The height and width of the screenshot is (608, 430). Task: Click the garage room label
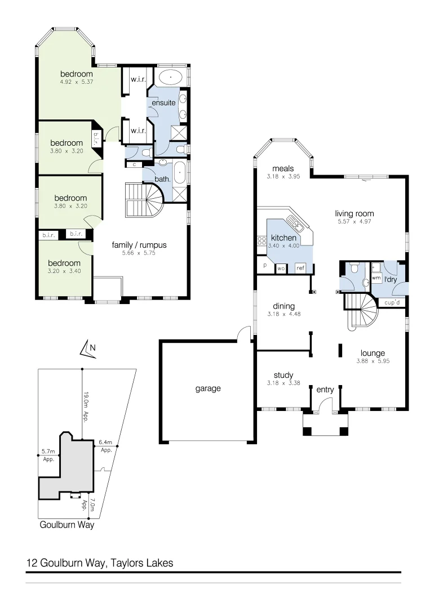point(208,388)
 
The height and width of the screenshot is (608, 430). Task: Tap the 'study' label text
point(283,375)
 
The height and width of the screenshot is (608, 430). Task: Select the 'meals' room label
point(283,168)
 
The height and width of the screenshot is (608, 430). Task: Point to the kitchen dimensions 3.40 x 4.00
point(283,246)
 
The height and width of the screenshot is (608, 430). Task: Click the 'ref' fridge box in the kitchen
point(300,268)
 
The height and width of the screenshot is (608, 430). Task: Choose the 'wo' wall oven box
point(281,269)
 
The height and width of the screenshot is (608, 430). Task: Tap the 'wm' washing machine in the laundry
point(376,278)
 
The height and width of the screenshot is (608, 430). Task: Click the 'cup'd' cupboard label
point(392,303)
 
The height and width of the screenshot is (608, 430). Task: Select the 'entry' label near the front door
point(325,390)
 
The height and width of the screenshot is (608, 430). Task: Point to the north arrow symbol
point(87,350)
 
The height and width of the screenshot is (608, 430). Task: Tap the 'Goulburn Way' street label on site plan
point(67,525)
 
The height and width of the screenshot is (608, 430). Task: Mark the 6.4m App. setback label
point(106,446)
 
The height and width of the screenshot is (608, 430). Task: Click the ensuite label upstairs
point(163,102)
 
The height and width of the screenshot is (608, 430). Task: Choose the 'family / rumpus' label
point(139,245)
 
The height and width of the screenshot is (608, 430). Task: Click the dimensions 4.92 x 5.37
point(76,82)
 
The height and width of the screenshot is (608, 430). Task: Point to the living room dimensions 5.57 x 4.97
point(354,221)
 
